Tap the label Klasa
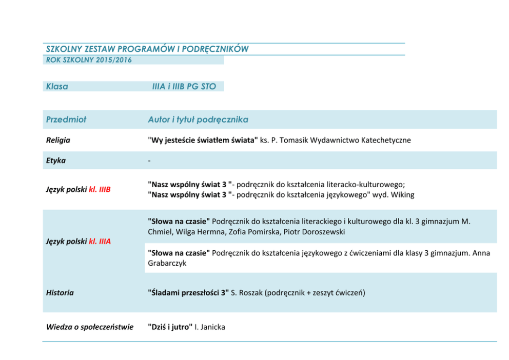57,87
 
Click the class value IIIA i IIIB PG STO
184,87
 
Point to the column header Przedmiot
66,119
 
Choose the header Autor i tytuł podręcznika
198,119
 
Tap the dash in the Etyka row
149,161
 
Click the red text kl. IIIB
100,190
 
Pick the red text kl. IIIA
100,242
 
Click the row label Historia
60,293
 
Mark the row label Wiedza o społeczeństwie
90,327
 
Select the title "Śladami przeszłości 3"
188,293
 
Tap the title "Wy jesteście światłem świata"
203,140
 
